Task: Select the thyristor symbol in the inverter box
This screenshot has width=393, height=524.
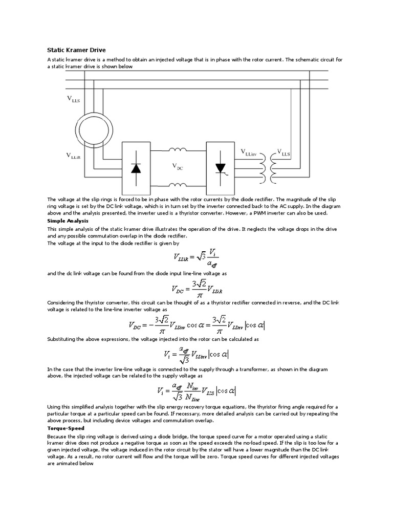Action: tap(221, 168)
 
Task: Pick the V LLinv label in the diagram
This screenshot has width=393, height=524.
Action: tap(252, 152)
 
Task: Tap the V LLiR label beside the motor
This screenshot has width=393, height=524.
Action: tap(73, 155)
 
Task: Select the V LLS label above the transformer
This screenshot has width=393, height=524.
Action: tap(283, 152)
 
